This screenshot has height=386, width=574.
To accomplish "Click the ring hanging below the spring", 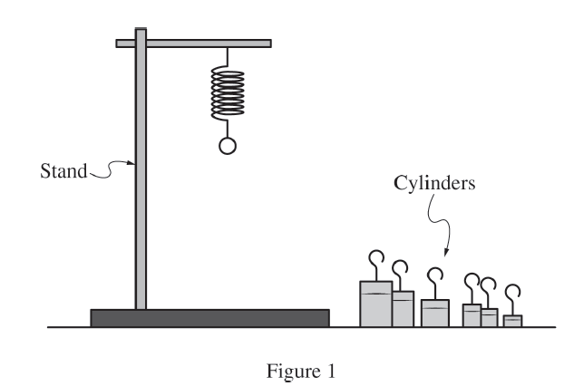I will (x=229, y=145).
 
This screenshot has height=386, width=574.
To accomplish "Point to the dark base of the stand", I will (x=209, y=318).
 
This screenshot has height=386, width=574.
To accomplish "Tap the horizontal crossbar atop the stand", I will (x=194, y=43).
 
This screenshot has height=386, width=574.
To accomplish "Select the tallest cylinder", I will (x=375, y=304).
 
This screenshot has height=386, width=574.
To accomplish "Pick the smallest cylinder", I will (x=513, y=320).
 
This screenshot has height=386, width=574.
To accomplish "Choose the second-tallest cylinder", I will (x=403, y=308).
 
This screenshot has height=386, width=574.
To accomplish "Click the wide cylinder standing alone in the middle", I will (x=435, y=313).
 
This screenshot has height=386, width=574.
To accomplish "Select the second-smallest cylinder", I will (x=490, y=317).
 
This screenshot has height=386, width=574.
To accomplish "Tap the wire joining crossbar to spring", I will (x=229, y=57).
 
